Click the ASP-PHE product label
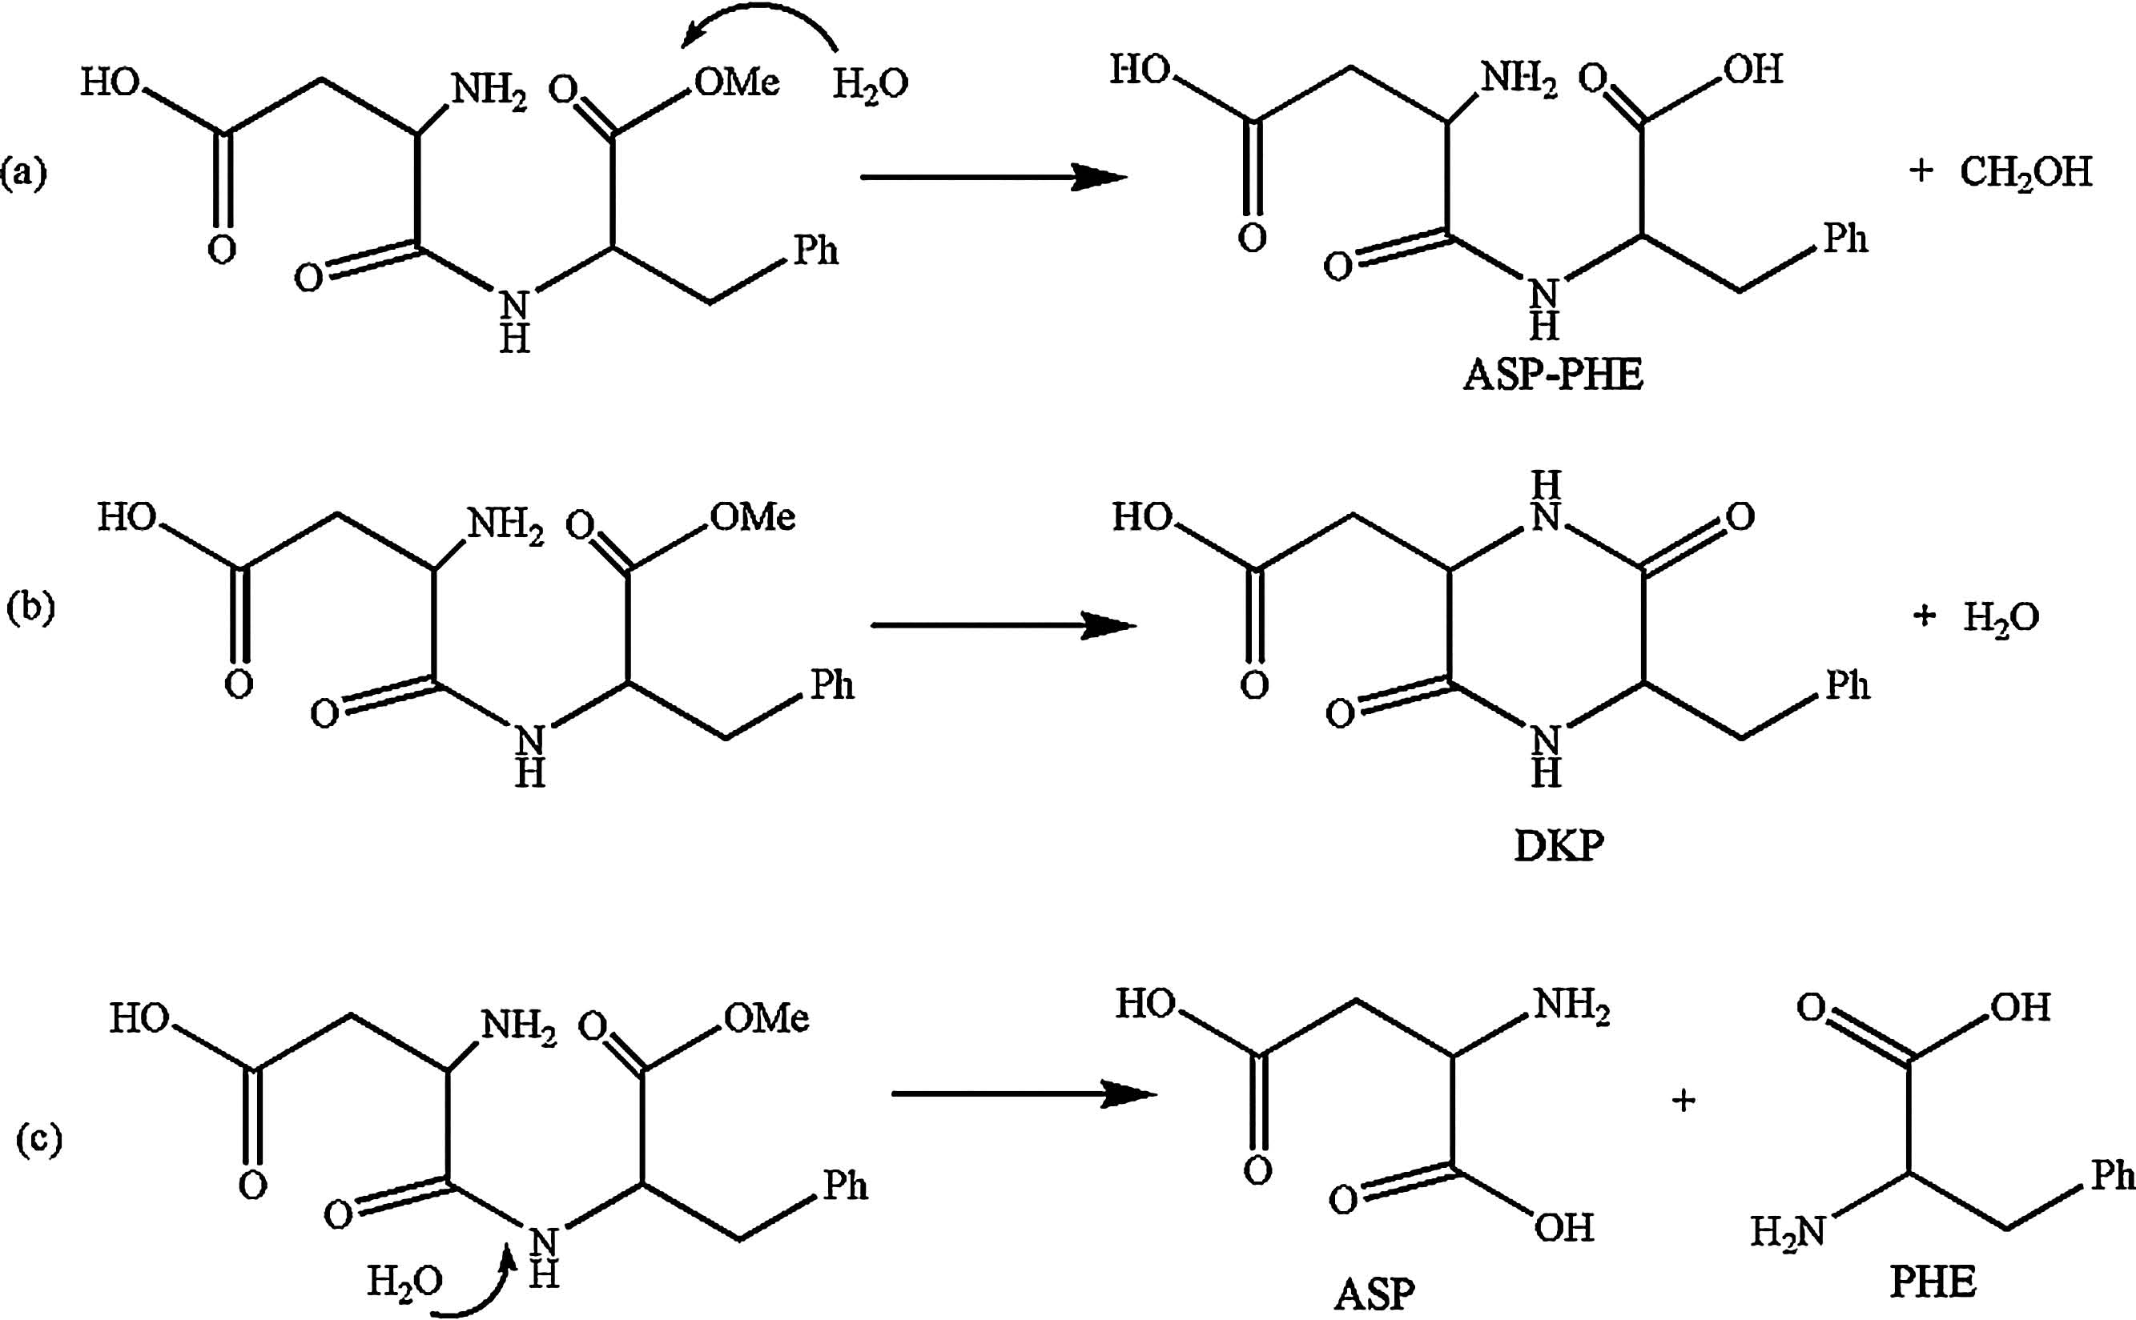(x=1553, y=375)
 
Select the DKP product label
(x=1559, y=847)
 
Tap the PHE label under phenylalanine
(x=1933, y=1282)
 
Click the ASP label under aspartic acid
(x=1374, y=1293)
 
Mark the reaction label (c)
(x=39, y=1138)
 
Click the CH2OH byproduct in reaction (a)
(x=2025, y=172)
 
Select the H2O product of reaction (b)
(x=2001, y=618)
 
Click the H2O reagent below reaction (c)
(x=404, y=1281)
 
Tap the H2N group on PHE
(x=1788, y=1232)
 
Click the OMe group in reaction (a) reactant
(x=736, y=82)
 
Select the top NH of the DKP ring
(x=1546, y=501)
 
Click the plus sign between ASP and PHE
(x=1683, y=1100)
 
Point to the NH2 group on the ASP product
(x=1572, y=1005)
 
